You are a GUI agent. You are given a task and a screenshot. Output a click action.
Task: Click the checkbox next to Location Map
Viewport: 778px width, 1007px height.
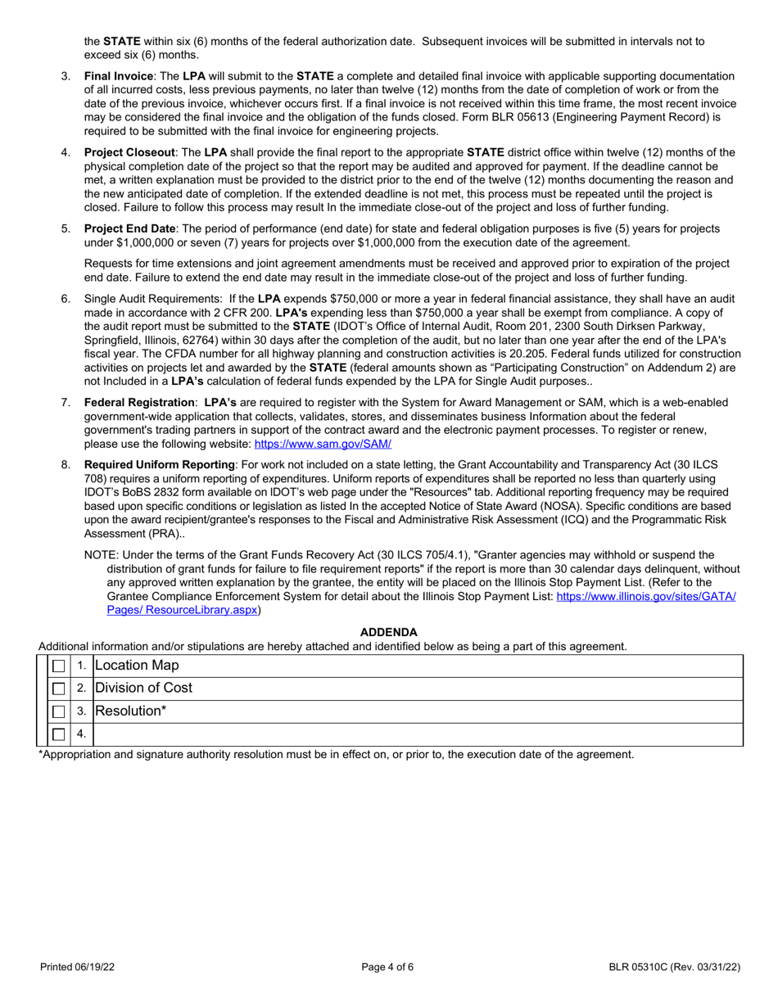click(59, 666)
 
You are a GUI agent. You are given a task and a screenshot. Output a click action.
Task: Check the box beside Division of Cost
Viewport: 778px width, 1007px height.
click(59, 689)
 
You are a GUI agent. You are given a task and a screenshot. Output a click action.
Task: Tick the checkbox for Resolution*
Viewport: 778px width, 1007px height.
click(59, 711)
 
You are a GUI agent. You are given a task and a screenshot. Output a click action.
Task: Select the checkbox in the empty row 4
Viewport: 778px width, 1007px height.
click(59, 734)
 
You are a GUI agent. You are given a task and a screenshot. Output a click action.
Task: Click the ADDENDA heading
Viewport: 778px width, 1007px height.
click(389, 632)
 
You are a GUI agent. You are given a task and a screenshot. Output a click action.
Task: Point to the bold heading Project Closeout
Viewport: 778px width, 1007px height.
click(129, 152)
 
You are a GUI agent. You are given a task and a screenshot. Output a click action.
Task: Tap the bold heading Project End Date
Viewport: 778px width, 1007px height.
click(129, 228)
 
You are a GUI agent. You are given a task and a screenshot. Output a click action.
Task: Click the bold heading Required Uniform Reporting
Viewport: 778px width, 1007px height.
click(160, 465)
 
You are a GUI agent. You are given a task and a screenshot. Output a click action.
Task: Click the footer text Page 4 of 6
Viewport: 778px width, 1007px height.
click(388, 967)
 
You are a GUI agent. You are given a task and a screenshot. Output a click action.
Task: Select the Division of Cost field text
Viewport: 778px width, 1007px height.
click(144, 689)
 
